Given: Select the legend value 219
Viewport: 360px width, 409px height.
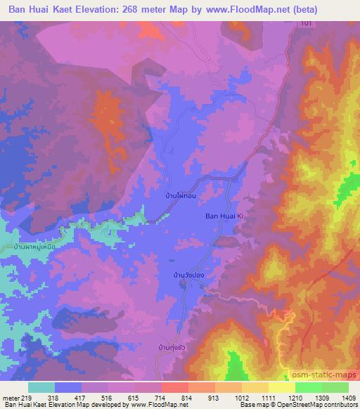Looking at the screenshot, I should (x=28, y=398).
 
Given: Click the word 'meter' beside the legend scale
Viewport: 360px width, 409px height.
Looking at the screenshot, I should (x=10, y=398).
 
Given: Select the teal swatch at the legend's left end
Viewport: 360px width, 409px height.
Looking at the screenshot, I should (x=41, y=387).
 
